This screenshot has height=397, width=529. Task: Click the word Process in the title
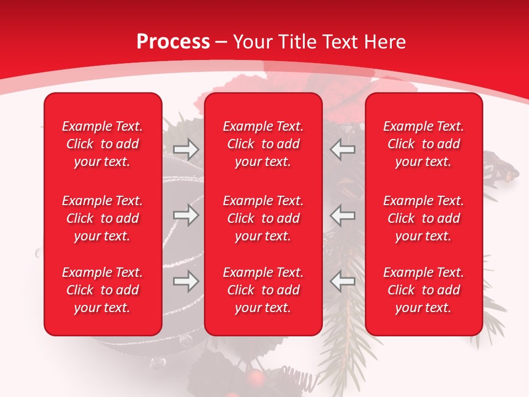click(173, 42)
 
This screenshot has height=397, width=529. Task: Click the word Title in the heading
click(298, 42)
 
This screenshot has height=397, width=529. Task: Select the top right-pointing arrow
click(186, 149)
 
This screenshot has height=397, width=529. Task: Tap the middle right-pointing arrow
click(186, 215)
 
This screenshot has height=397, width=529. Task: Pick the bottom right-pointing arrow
click(186, 281)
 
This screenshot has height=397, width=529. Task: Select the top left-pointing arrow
click(343, 149)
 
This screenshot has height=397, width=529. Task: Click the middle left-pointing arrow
click(343, 215)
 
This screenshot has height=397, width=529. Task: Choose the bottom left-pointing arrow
click(343, 281)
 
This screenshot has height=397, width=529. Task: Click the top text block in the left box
click(102, 144)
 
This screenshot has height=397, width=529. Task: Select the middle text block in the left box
click(102, 218)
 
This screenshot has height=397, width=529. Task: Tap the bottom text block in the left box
click(102, 290)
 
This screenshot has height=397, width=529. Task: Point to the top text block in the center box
click(263, 144)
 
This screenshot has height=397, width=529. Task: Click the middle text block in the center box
click(263, 218)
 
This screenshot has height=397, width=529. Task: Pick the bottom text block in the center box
click(263, 290)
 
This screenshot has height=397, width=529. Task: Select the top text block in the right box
click(423, 144)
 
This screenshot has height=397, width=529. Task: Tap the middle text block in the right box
click(423, 218)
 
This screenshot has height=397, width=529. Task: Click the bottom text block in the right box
click(423, 290)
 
